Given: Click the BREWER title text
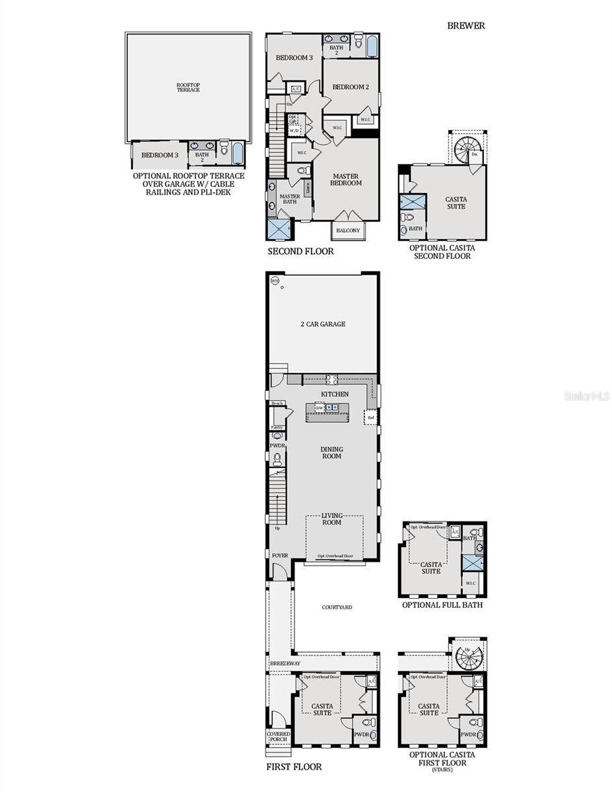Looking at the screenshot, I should pyautogui.click(x=466, y=26).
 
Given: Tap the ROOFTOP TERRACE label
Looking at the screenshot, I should pyautogui.click(x=188, y=87).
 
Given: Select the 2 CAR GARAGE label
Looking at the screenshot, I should pyautogui.click(x=323, y=324).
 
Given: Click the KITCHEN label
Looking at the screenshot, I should pyautogui.click(x=335, y=394).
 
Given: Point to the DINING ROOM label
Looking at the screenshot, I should pyautogui.click(x=332, y=453).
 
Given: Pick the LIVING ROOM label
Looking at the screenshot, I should pyautogui.click(x=332, y=519).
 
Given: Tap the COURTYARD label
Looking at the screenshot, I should pyautogui.click(x=337, y=607).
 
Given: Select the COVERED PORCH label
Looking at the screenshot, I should pyautogui.click(x=278, y=736).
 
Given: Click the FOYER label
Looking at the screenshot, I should pyautogui.click(x=279, y=556).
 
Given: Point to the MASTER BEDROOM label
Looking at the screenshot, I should pyautogui.click(x=346, y=180).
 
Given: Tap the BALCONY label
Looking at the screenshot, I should pyautogui.click(x=348, y=230).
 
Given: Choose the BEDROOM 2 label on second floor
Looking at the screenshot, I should pyautogui.click(x=350, y=87).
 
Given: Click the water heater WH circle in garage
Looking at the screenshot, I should pyautogui.click(x=275, y=280).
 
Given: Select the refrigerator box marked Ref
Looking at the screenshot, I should pyautogui.click(x=371, y=418).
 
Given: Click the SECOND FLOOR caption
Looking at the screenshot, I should pyautogui.click(x=300, y=251).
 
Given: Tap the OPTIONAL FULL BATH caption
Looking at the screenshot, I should pyautogui.click(x=442, y=605).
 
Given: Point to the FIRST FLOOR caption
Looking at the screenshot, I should pyautogui.click(x=294, y=767).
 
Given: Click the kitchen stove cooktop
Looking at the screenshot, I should pyautogui.click(x=331, y=379).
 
